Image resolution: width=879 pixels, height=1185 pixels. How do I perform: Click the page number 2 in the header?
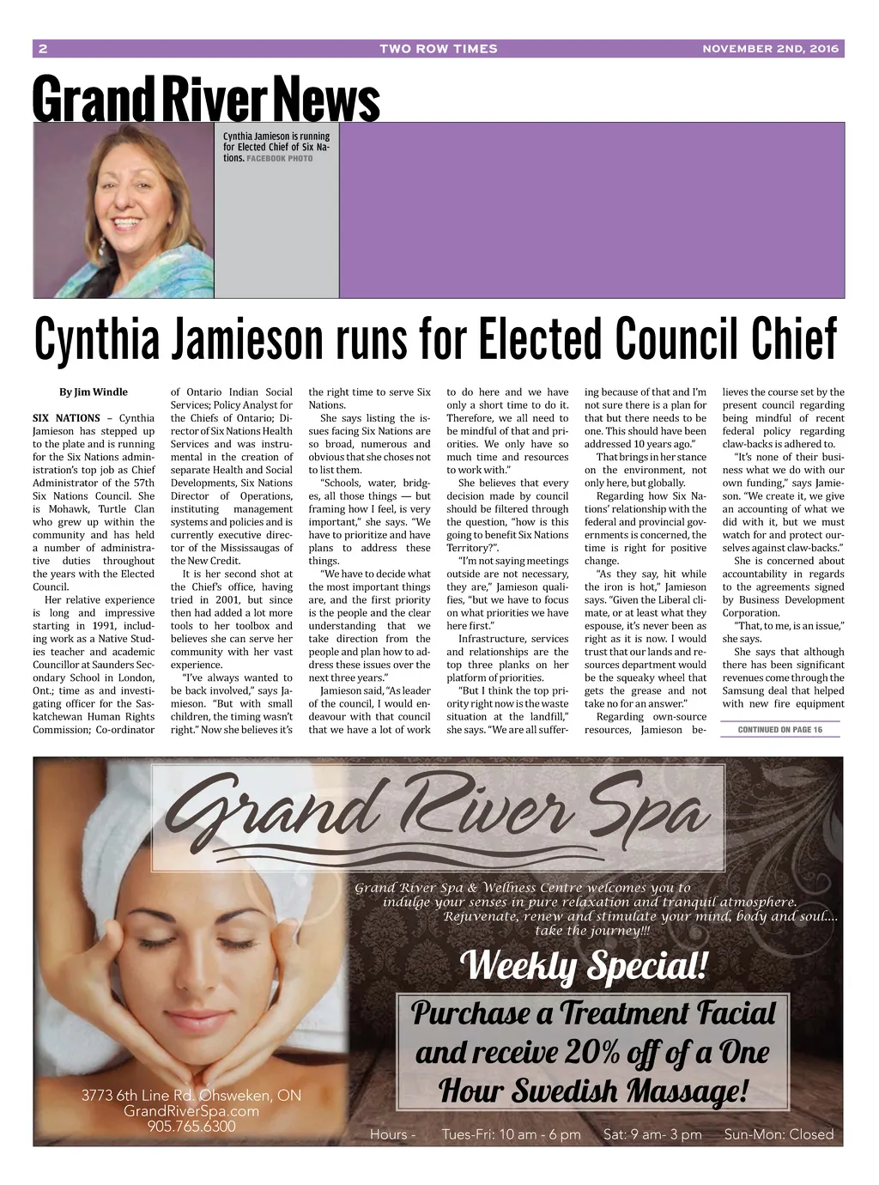[43, 49]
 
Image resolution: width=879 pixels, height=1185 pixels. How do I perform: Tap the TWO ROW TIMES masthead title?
[439, 49]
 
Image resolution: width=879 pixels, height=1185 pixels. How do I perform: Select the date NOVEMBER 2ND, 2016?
[770, 49]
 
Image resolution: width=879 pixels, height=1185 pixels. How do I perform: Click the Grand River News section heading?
[206, 100]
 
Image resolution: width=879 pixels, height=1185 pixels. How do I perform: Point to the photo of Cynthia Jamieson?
[124, 210]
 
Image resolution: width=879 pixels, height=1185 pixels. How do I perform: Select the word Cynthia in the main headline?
[96, 339]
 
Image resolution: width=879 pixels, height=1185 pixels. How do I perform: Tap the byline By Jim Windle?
[94, 392]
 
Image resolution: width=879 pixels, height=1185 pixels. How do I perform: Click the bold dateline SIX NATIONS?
[66, 418]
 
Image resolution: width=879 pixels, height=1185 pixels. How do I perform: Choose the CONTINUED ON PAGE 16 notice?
[779, 730]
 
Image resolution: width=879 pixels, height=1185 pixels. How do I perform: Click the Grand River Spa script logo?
[438, 816]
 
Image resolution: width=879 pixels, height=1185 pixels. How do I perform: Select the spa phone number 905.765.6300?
[191, 1126]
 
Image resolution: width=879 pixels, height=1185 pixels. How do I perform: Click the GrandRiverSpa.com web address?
[191, 1111]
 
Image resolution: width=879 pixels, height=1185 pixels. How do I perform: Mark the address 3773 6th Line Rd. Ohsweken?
[191, 1096]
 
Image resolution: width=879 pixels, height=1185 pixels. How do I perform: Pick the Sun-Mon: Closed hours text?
[779, 1134]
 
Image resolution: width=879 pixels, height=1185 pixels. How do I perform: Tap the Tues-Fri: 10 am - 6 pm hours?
[511, 1134]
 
